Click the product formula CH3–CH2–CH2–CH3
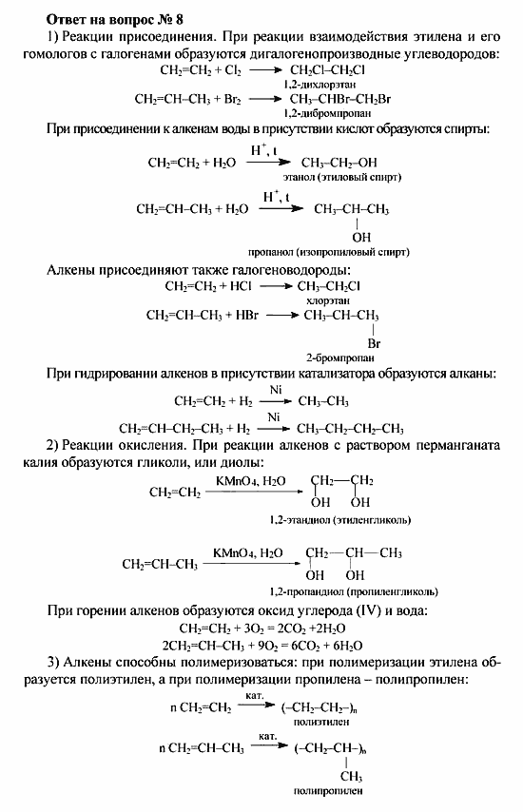351,428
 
